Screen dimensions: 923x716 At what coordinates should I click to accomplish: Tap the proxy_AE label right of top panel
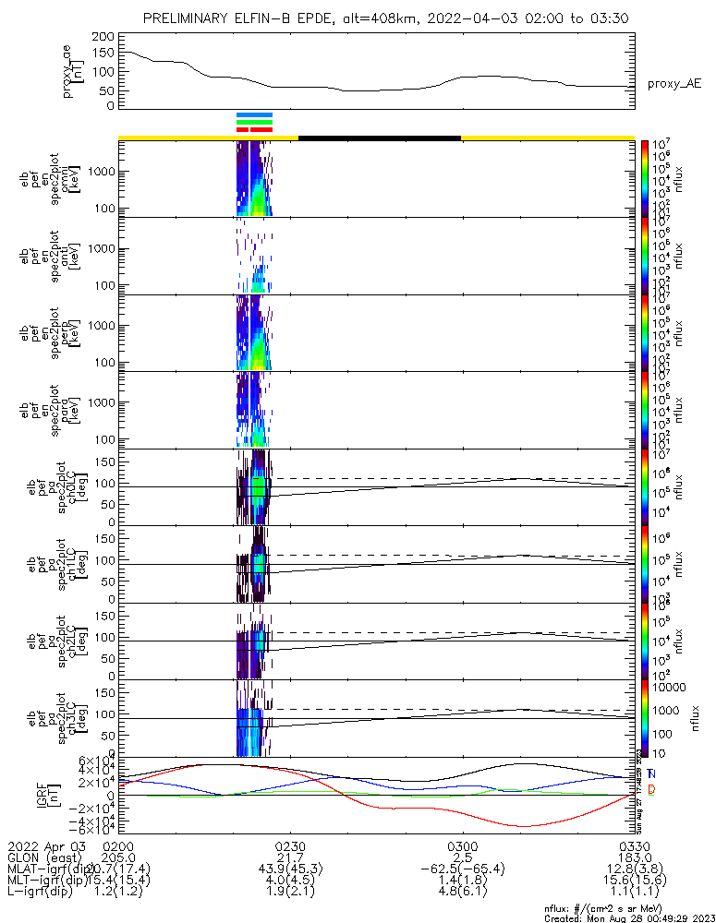(x=674, y=84)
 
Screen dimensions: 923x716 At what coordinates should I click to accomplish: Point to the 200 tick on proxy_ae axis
(x=104, y=36)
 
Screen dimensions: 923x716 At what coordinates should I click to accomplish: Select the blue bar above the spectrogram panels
(x=254, y=114)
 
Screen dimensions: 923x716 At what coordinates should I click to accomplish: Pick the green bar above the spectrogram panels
(x=254, y=122)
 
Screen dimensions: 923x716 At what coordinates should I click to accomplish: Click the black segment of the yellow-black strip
(x=379, y=138)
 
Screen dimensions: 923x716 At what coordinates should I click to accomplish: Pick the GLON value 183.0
(x=634, y=858)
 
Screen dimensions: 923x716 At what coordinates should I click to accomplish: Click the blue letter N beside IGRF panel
(x=651, y=773)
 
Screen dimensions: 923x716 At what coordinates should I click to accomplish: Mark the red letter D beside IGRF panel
(x=651, y=789)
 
